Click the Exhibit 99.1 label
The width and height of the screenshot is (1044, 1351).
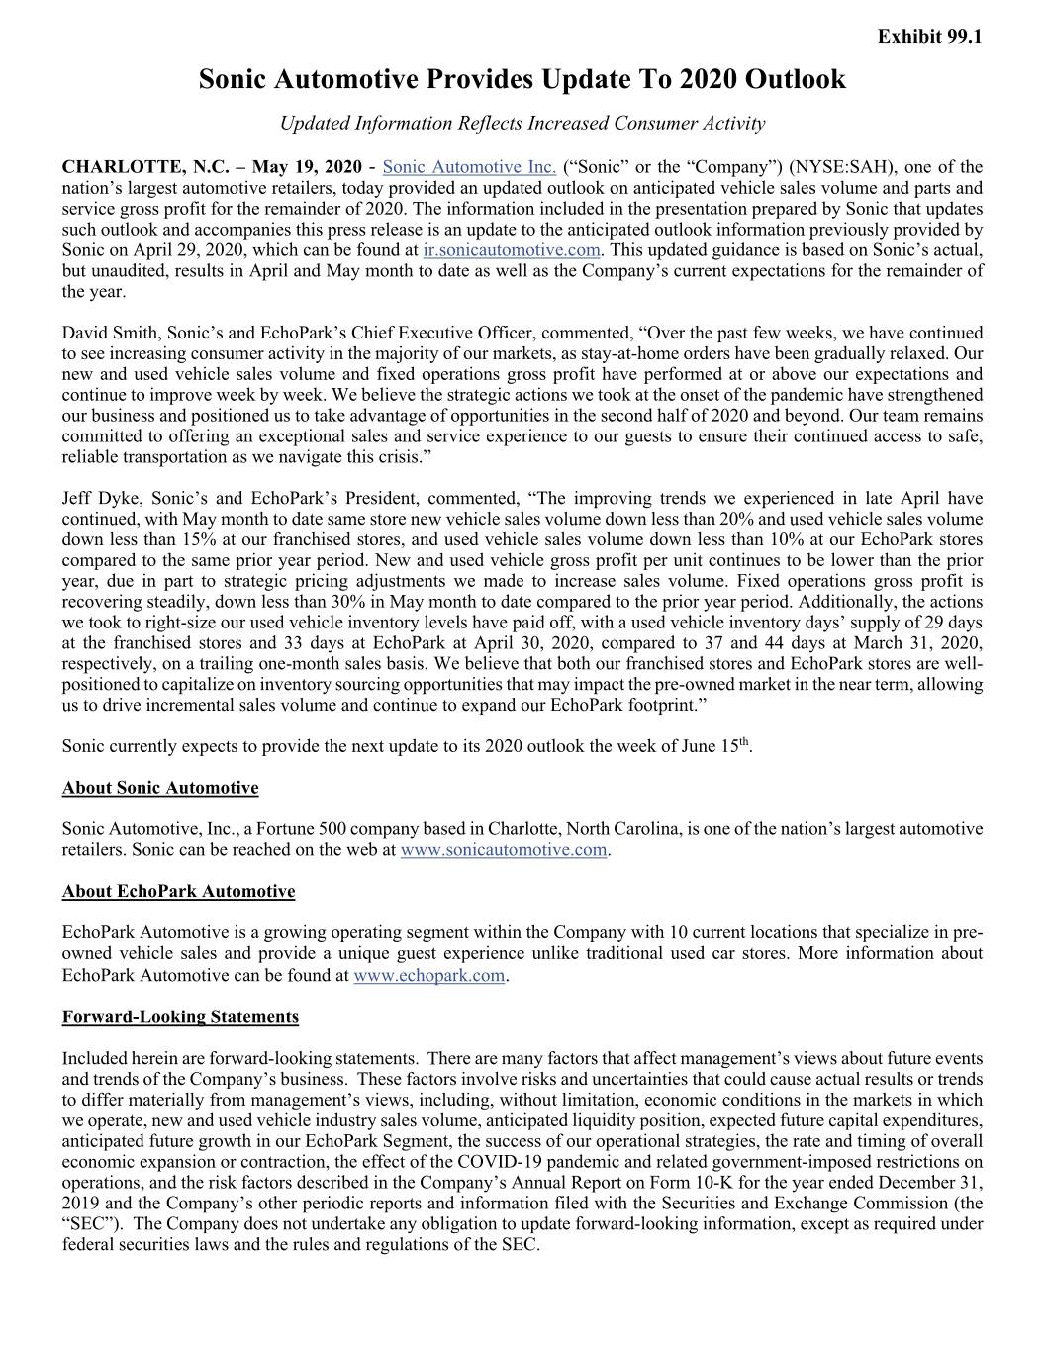[x=930, y=38]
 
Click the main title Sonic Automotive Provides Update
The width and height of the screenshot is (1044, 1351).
[x=522, y=79]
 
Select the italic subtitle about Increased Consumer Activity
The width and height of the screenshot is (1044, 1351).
[x=522, y=124]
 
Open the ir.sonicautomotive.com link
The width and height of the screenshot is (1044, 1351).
[x=511, y=250]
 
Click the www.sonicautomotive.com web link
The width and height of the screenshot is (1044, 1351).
[x=504, y=850]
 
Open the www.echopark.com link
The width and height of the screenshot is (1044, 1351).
[x=428, y=976]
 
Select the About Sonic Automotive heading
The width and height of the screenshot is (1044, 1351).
[x=160, y=788]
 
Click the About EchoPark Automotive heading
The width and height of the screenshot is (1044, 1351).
[x=178, y=892]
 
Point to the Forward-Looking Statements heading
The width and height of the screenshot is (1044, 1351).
[x=180, y=1016]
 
